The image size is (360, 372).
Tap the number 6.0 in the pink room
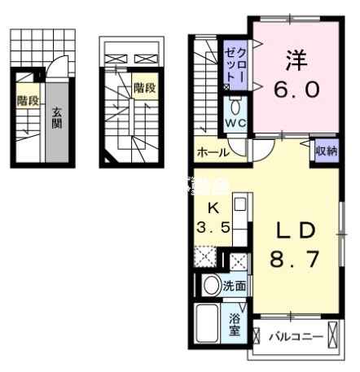point(295,89)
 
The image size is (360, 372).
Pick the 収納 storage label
point(326,151)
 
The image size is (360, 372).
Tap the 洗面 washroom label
point(236,286)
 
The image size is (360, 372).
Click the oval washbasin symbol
point(211,285)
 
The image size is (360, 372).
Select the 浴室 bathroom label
point(235,323)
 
